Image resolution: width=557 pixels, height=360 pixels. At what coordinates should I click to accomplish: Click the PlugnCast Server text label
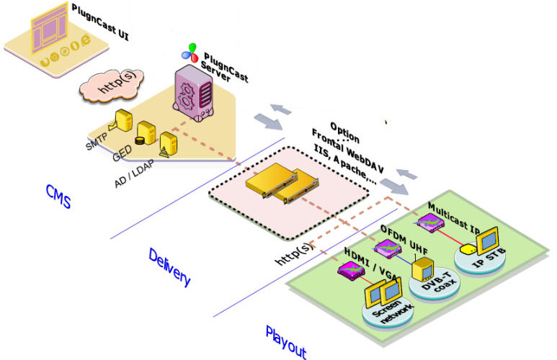pyautogui.click(x=225, y=66)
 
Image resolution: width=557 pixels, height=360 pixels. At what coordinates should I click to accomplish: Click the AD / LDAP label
pyautogui.click(x=138, y=173)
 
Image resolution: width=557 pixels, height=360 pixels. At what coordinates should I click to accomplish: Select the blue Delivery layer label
pyautogui.click(x=170, y=266)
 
